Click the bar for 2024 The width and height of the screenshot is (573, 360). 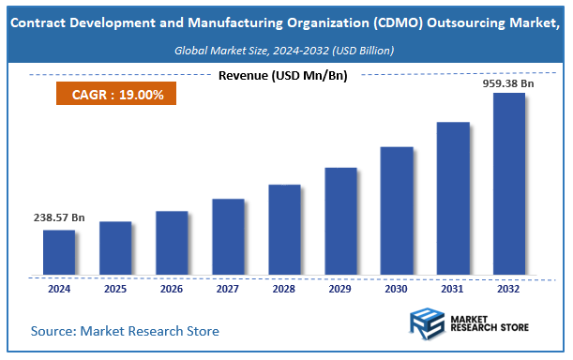point(59,253)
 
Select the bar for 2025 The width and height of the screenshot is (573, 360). point(115,248)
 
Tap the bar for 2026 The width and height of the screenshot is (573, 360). point(172,244)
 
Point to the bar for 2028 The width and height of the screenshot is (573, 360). point(284,230)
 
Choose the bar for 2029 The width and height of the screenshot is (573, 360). point(340,221)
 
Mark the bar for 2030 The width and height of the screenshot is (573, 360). point(397,211)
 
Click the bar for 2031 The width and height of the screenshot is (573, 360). point(453,199)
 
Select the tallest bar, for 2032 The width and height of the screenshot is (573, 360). point(509,185)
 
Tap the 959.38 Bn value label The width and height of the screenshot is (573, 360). point(508,82)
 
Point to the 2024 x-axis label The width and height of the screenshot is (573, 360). point(59,290)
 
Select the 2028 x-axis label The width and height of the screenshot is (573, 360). point(284,290)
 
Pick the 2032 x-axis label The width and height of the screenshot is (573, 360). point(509,290)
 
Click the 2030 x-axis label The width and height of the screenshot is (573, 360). point(397,290)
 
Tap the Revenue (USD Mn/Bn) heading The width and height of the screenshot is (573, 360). point(282,76)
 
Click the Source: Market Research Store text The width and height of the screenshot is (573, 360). point(125,331)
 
